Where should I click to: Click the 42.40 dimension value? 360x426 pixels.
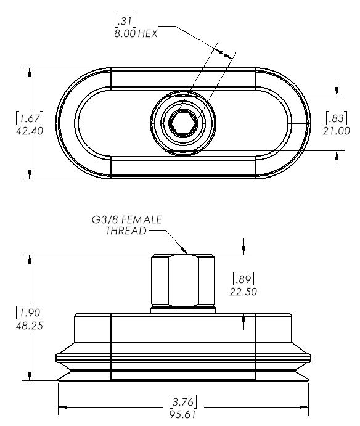pyautogui.click(x=30, y=131)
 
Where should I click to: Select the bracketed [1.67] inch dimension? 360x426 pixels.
pyautogui.click(x=30, y=118)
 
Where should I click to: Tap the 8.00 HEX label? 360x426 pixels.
pyautogui.click(x=136, y=33)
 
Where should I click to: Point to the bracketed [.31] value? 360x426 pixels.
pyautogui.click(x=125, y=20)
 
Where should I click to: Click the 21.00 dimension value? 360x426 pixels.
pyautogui.click(x=337, y=131)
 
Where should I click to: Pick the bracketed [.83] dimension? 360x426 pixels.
pyautogui.click(x=337, y=118)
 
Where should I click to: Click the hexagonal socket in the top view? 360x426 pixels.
pyautogui.click(x=184, y=123)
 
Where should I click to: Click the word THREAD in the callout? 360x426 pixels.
pyautogui.click(x=126, y=231)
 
